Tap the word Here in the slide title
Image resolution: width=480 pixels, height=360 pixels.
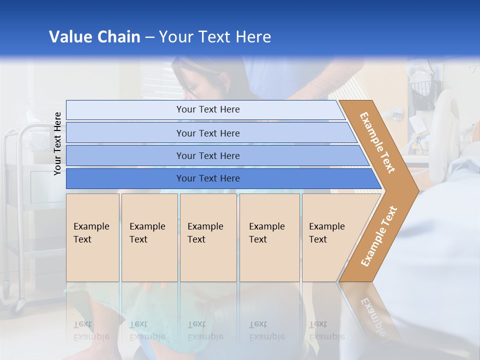click(x=253, y=37)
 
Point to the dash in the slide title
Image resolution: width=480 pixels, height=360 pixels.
click(x=149, y=37)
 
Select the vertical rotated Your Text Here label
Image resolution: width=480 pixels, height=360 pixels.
click(x=57, y=143)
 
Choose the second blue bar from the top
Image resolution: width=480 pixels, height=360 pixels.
click(x=207, y=133)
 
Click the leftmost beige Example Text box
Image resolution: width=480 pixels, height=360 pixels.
click(x=92, y=237)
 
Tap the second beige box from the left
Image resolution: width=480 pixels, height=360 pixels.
click(x=149, y=237)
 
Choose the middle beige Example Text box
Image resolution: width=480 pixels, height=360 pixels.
click(x=208, y=237)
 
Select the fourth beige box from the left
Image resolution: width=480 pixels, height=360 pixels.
click(x=269, y=237)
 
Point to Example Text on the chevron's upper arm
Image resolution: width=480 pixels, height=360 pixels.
click(x=377, y=142)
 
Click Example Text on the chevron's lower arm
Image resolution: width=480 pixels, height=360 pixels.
click(x=378, y=236)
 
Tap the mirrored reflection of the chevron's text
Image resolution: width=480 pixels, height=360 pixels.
click(x=372, y=315)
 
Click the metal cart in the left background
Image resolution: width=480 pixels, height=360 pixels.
click(x=25, y=200)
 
